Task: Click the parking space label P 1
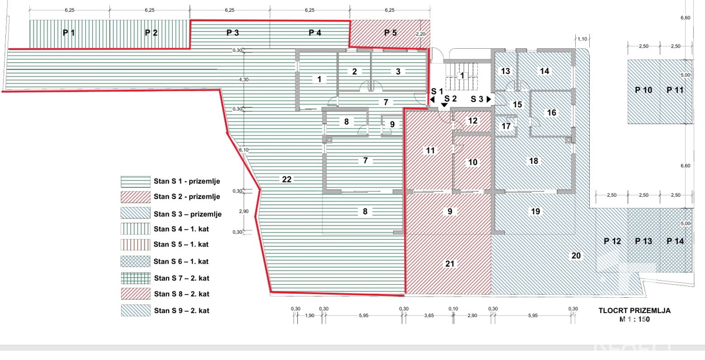click(69, 33)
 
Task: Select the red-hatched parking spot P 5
click(390, 33)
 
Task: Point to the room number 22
click(287, 179)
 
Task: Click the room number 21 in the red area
click(450, 264)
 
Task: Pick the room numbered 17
click(506, 126)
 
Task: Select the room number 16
click(551, 113)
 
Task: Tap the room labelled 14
click(545, 71)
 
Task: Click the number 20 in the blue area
click(576, 255)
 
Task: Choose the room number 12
click(474, 120)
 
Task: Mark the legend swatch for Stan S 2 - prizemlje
click(136, 197)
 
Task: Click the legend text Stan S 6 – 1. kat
click(183, 262)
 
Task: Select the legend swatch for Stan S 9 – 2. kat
click(136, 311)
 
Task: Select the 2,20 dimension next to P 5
click(421, 34)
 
